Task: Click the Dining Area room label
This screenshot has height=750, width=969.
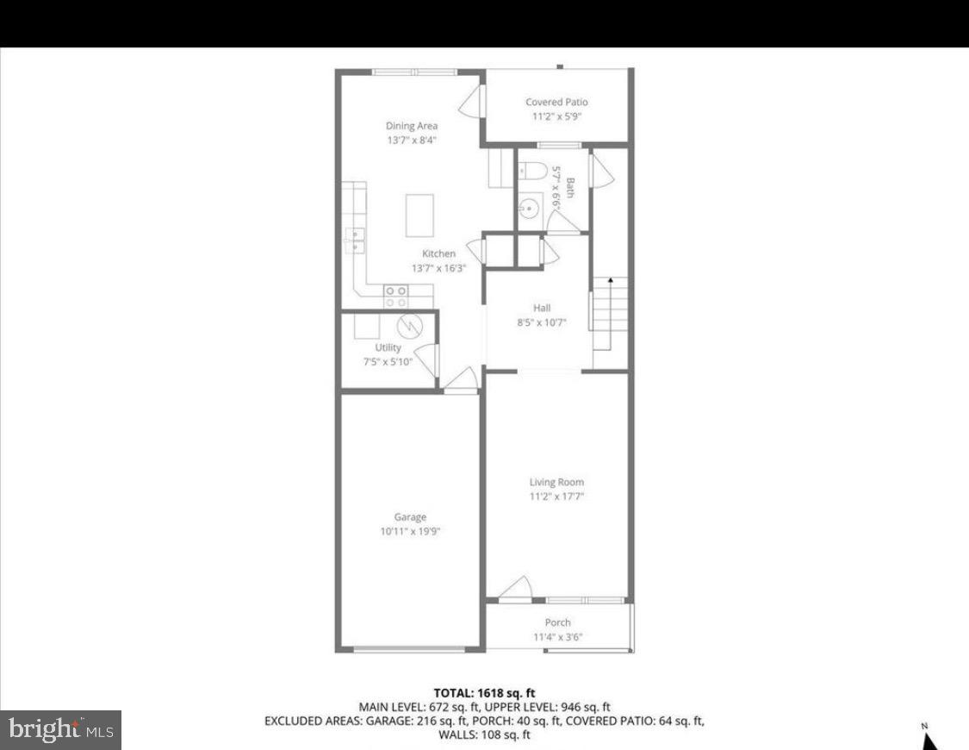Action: [x=412, y=126]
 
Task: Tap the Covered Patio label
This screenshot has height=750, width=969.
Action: [x=556, y=102]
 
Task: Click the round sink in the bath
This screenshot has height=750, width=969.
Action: [x=529, y=208]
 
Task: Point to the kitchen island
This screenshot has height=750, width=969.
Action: [x=419, y=215]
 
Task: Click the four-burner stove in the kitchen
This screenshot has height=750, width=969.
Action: [x=396, y=297]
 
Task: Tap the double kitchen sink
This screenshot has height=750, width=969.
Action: [x=355, y=241]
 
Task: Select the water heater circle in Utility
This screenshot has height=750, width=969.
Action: [x=408, y=326]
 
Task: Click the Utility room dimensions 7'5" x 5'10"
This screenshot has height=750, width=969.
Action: [x=388, y=361]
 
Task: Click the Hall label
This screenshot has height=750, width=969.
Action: [x=542, y=308]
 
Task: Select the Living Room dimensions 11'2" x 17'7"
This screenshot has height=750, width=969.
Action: [x=556, y=497]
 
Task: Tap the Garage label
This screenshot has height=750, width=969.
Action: [x=410, y=517]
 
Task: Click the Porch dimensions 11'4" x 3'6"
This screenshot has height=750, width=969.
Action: [x=557, y=637]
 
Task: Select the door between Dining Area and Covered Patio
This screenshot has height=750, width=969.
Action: [x=471, y=104]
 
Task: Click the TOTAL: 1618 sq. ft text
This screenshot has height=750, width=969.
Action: [x=484, y=692]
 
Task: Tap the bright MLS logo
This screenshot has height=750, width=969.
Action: [x=60, y=730]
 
